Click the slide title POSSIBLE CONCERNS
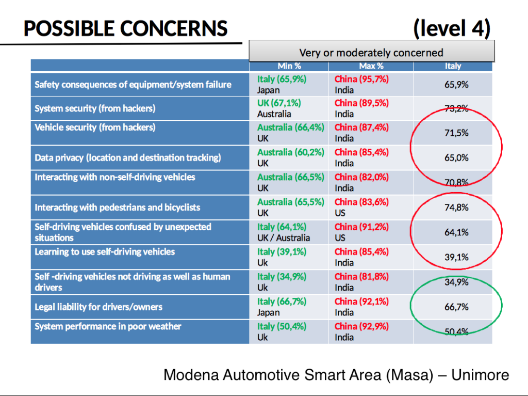click(x=125, y=28)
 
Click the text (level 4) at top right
click(x=451, y=28)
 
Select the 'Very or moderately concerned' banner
click(x=371, y=52)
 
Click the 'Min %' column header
click(x=289, y=66)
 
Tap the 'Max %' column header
click(x=371, y=66)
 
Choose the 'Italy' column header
click(x=453, y=66)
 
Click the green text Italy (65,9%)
click(x=282, y=79)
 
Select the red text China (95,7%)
click(x=361, y=79)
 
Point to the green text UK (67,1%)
click(x=279, y=103)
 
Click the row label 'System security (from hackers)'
click(x=95, y=108)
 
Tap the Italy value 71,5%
click(x=456, y=133)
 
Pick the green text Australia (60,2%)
click(x=291, y=152)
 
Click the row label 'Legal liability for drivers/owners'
click(x=98, y=307)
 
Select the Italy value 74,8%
click(x=456, y=208)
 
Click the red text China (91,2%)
click(x=361, y=227)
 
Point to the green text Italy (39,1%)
click(x=282, y=251)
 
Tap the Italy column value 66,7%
click(x=456, y=307)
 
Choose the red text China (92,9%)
click(x=361, y=326)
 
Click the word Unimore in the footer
click(x=480, y=375)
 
